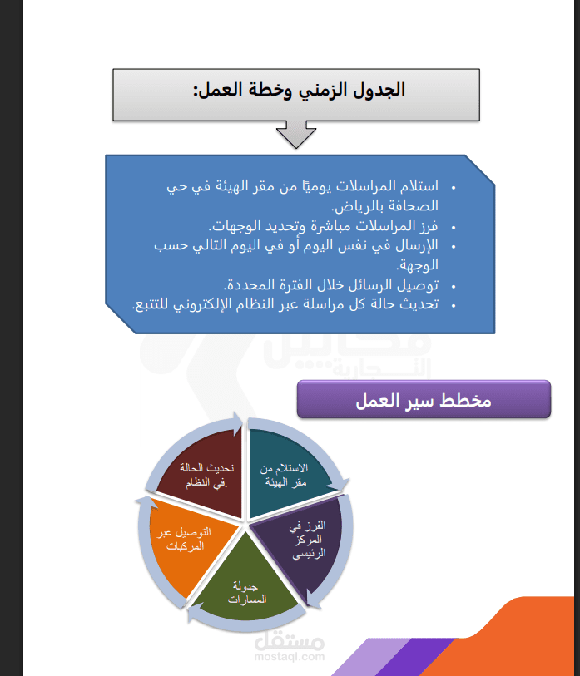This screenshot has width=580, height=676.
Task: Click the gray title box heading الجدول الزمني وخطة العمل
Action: click(296, 95)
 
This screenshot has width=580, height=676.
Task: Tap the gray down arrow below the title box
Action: click(296, 135)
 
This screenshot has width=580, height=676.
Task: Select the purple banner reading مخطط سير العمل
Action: click(424, 399)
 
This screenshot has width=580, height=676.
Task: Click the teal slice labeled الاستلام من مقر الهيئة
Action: click(285, 470)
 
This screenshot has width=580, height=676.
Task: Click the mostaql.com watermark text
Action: click(289, 657)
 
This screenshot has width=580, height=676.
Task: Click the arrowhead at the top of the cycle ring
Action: click(237, 422)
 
